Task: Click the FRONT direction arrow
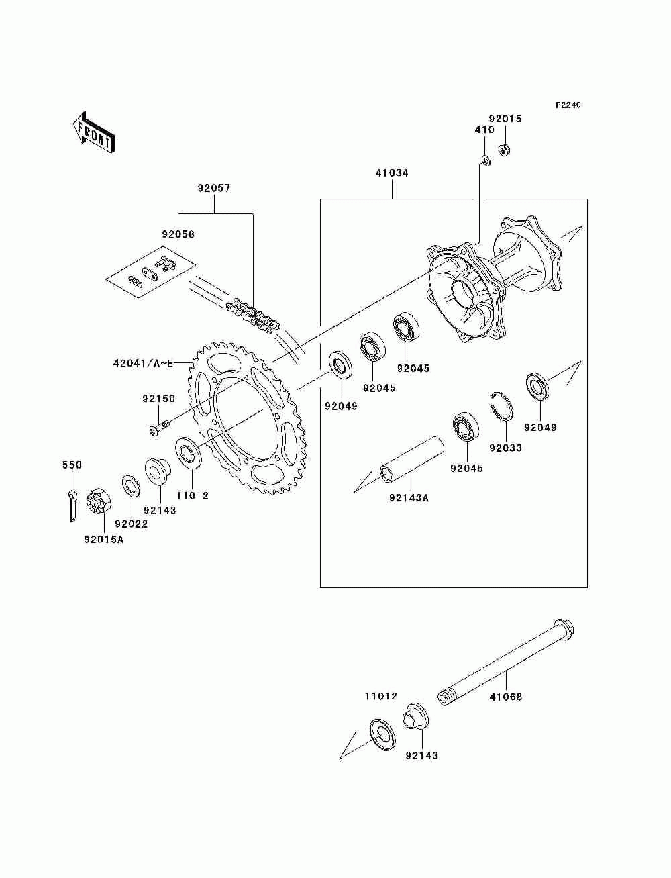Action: pos(94,132)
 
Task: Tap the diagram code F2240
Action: pos(568,105)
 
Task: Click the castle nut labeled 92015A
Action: pos(99,500)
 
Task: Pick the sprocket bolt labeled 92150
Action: pos(160,426)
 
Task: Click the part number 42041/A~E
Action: pos(144,364)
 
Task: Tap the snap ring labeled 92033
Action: pos(503,406)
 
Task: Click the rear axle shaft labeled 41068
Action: pos(506,664)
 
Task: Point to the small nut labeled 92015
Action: pos(504,150)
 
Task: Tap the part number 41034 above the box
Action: pos(392,173)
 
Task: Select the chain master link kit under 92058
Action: pos(151,271)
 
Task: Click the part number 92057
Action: pos(214,188)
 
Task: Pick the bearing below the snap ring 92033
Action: pos(466,426)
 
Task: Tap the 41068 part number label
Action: pos(505,697)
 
